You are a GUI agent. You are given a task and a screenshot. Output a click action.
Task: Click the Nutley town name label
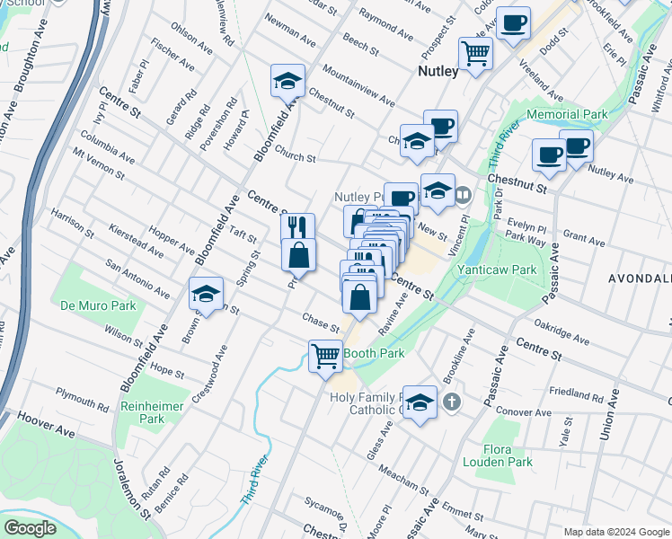tap(438, 71)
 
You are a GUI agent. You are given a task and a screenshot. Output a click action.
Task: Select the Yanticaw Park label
tap(497, 269)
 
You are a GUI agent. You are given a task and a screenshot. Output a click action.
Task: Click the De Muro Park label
tap(98, 305)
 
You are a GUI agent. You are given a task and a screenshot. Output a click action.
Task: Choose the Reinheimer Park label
tap(153, 412)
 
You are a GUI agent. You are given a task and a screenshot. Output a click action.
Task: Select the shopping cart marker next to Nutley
tap(475, 51)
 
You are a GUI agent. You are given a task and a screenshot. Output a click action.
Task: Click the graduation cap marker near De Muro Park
tap(206, 293)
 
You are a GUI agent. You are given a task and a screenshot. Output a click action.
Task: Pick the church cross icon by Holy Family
tap(452, 402)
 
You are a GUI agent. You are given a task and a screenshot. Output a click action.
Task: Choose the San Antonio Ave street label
tap(137, 278)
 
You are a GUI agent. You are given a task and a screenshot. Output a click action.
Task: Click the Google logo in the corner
tap(31, 527)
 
